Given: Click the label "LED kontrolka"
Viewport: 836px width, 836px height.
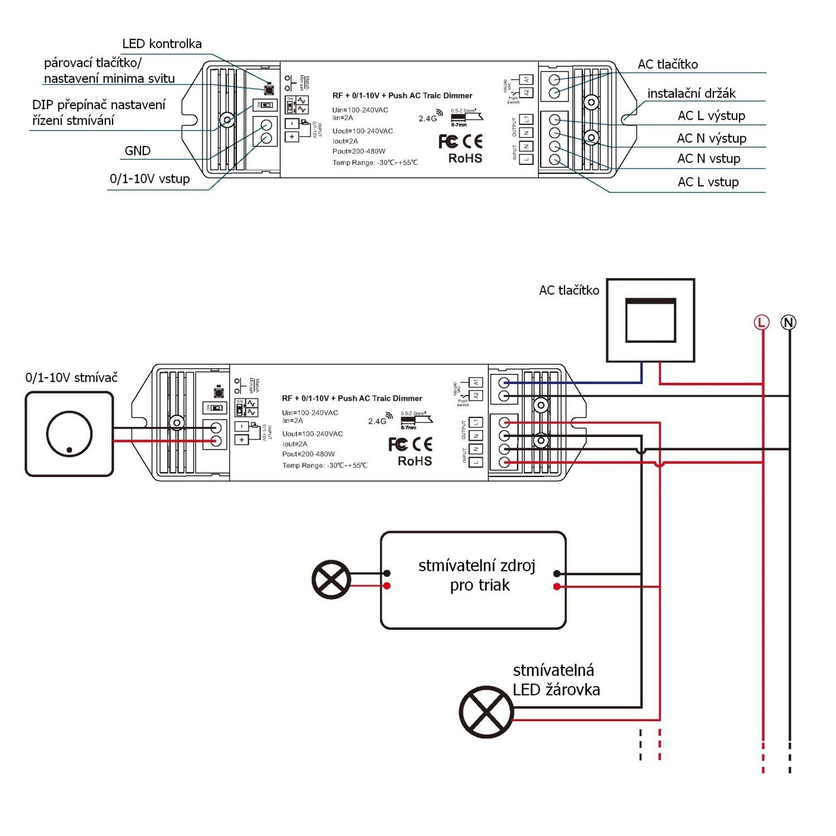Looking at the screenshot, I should click(162, 44).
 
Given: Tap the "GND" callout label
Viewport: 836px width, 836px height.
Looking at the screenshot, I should click(137, 151).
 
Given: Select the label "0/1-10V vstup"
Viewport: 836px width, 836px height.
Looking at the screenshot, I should click(149, 179).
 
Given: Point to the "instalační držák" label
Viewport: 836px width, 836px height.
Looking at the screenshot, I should click(691, 93).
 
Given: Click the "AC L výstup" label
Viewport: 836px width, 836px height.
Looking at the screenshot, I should click(711, 116).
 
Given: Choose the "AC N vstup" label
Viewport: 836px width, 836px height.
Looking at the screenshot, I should click(708, 159).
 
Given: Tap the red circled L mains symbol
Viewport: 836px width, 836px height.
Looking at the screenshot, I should click(761, 322).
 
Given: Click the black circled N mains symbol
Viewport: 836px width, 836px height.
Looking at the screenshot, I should click(788, 322).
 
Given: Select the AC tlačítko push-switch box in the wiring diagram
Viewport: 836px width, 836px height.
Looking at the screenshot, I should click(650, 320).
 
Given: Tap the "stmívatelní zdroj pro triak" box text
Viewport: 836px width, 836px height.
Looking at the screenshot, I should click(477, 576).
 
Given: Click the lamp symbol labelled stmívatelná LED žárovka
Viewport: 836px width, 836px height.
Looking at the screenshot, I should click(486, 712).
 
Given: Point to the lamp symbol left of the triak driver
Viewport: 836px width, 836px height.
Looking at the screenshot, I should click(331, 580).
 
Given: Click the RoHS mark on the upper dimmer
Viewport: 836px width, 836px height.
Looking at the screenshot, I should click(465, 159).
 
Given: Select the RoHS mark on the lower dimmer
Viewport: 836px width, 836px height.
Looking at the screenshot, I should click(415, 461).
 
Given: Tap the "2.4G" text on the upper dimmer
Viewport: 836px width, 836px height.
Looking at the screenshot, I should click(428, 118).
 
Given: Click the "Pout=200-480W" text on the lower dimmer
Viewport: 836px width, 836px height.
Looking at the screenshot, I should click(308, 454).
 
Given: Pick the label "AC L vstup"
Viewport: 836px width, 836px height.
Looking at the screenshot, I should click(708, 182).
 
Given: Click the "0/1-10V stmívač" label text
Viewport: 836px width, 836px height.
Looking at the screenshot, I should click(71, 378).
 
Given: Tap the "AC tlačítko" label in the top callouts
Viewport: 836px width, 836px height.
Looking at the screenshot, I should click(667, 65).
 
